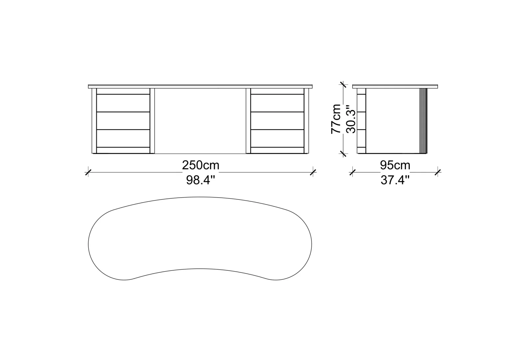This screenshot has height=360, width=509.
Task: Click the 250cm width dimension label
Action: pyautogui.click(x=201, y=165)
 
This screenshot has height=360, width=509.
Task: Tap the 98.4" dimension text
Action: pyautogui.click(x=201, y=180)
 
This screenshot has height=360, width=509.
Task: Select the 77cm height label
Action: pyautogui.click(x=336, y=119)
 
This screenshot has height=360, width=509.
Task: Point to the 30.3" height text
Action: pyautogui.click(x=350, y=119)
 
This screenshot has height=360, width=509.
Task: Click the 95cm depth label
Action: pyautogui.click(x=395, y=165)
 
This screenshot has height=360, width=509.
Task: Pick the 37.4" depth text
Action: pyautogui.click(x=395, y=180)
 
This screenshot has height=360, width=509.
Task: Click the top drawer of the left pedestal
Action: pyautogui.click(x=123, y=103)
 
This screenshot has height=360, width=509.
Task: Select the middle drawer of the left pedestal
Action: pyautogui.click(x=123, y=121)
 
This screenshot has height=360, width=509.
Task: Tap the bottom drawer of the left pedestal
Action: pyautogui.click(x=123, y=138)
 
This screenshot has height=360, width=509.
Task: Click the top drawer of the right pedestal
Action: pyautogui.click(x=277, y=103)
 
